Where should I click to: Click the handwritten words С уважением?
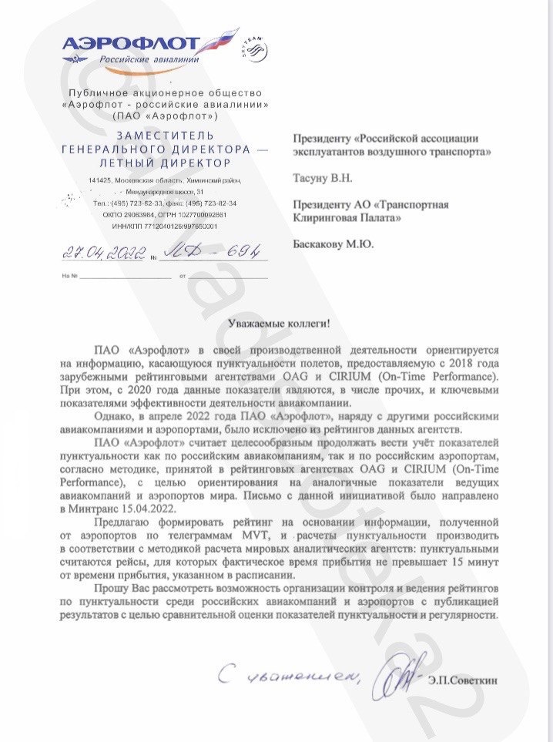[x=292, y=676]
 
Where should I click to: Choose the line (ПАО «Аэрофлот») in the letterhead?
[x=165, y=116]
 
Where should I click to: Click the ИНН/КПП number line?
[x=165, y=227]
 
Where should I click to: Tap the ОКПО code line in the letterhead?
[x=165, y=214]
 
